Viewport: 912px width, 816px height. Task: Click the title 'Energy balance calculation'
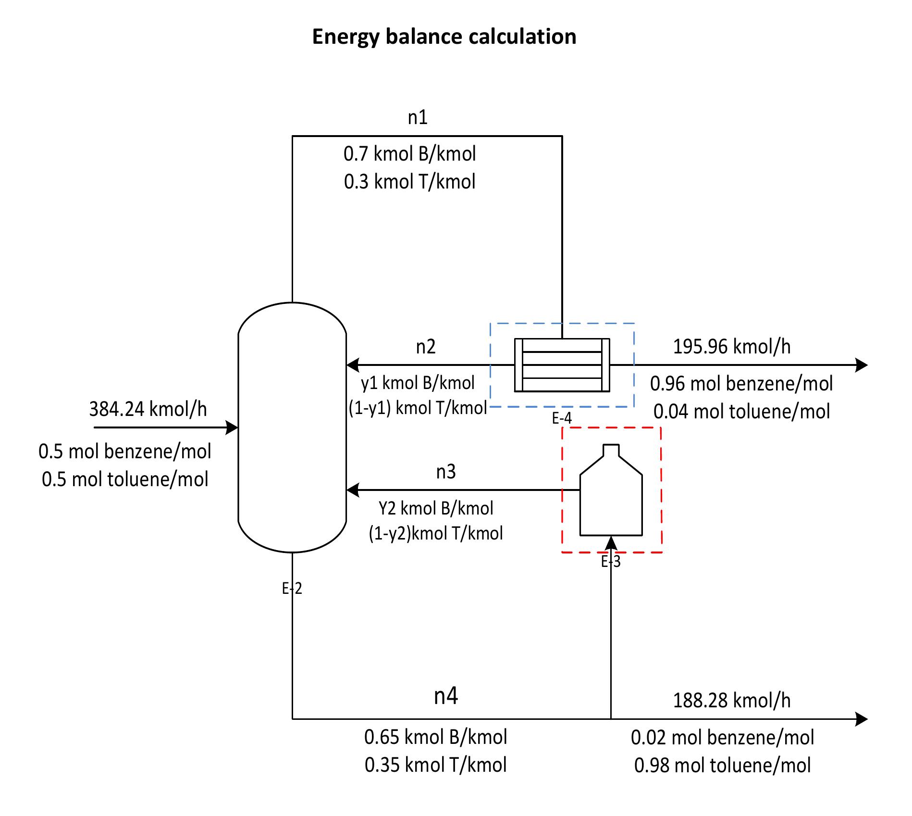pyautogui.click(x=444, y=37)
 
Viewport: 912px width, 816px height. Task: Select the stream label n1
pyautogui.click(x=418, y=117)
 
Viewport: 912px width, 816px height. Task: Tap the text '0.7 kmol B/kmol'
pyautogui.click(x=409, y=154)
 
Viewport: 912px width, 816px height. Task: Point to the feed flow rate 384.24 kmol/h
pyautogui.click(x=148, y=409)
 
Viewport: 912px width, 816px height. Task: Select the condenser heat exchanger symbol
pyautogui.click(x=562, y=365)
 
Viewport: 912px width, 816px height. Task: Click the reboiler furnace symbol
pyautogui.click(x=611, y=495)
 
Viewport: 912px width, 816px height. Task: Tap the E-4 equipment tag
pyautogui.click(x=562, y=419)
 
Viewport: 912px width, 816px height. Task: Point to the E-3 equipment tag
pyautogui.click(x=611, y=561)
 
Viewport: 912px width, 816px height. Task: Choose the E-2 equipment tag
pyautogui.click(x=292, y=588)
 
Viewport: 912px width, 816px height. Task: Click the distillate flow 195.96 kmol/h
pyautogui.click(x=731, y=347)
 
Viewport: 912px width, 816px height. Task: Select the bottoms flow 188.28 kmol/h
pyautogui.click(x=731, y=701)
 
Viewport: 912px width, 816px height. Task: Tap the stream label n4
pyautogui.click(x=445, y=696)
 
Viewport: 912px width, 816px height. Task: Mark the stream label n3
pyautogui.click(x=445, y=472)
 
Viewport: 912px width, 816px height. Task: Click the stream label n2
pyautogui.click(x=426, y=347)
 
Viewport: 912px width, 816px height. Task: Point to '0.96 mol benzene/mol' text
pyautogui.click(x=741, y=384)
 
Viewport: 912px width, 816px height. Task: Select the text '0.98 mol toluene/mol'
pyautogui.click(x=722, y=765)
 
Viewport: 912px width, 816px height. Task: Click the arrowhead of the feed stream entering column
pyautogui.click(x=233, y=427)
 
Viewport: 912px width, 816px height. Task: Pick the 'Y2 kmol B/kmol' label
pyautogui.click(x=436, y=508)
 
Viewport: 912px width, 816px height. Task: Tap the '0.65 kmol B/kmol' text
pyautogui.click(x=435, y=737)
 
